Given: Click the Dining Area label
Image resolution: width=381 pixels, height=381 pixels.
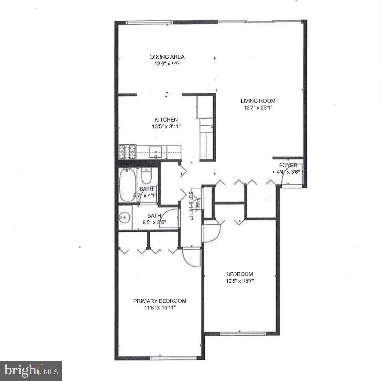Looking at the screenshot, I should tap(167, 57).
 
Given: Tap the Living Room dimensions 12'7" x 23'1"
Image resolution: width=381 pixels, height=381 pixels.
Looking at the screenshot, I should tap(258, 108).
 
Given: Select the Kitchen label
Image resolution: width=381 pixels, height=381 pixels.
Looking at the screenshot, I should tap(166, 120).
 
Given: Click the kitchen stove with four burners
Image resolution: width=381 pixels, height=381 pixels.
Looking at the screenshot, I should tap(127, 152).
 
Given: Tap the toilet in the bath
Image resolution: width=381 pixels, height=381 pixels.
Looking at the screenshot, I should tap(146, 177).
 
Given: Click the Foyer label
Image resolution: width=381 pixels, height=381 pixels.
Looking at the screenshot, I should tap(288, 165).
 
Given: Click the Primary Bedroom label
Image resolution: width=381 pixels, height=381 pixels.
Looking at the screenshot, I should tap(160, 301).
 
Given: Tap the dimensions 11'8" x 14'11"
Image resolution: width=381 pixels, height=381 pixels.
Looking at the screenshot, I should tap(160, 308).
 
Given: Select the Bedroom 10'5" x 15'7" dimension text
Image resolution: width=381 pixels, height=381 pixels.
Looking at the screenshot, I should tap(240, 281).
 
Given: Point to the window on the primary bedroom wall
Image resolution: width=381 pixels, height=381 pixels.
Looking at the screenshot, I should tap(173, 358).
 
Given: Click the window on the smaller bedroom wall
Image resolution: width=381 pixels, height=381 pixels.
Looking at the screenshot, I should tap(242, 334).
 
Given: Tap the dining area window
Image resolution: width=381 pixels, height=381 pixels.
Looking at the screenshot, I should tap(150, 22).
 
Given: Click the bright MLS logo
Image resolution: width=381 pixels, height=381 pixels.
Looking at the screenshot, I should tap(31, 371).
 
